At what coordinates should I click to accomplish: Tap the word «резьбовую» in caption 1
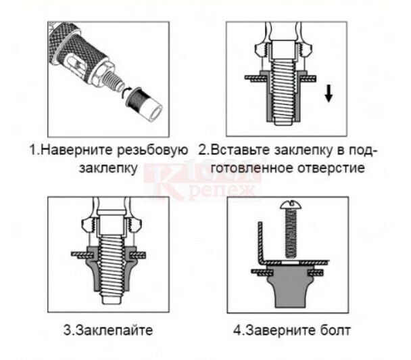[x=153, y=151]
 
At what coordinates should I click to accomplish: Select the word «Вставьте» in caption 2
[x=241, y=150]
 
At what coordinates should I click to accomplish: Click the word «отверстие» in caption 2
[x=331, y=168]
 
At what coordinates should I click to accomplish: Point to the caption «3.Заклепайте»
[x=108, y=330]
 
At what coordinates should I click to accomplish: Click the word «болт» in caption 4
[x=335, y=330]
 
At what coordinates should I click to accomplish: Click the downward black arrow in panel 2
[x=329, y=93]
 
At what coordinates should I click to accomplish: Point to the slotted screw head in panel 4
[x=291, y=205]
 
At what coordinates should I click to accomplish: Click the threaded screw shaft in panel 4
[x=291, y=233]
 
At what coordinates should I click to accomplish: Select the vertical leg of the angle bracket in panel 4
[x=260, y=242]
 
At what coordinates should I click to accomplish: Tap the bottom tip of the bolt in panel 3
[x=112, y=304]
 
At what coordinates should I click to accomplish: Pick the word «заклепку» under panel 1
[x=108, y=168]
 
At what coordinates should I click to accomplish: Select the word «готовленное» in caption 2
[x=252, y=168]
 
